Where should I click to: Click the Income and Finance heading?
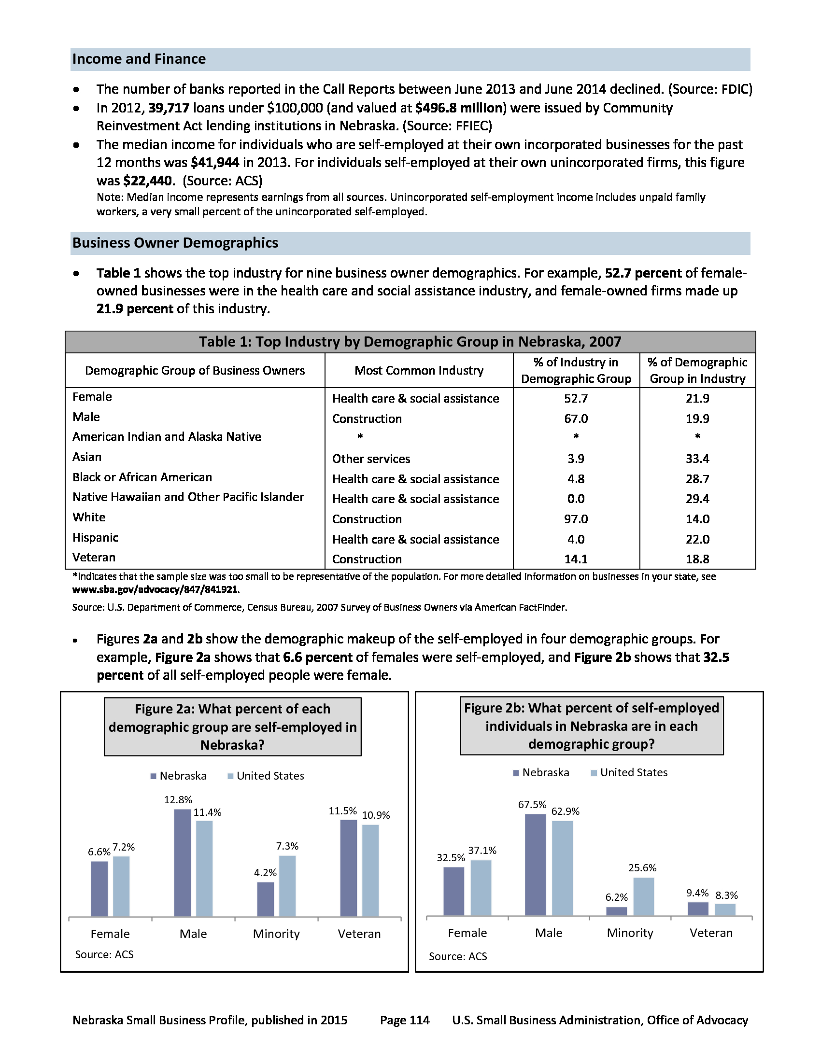click(139, 59)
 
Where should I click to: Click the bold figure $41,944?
click(215, 162)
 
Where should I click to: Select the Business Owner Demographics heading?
click(175, 243)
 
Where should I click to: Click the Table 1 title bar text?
click(410, 342)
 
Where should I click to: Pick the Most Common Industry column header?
click(419, 371)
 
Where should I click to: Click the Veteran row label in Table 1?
click(94, 557)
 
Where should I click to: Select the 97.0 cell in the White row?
click(576, 519)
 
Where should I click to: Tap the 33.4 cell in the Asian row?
click(697, 459)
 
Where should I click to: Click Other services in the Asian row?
click(371, 459)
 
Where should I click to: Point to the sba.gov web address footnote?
click(155, 589)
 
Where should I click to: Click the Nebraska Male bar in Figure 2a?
click(183, 863)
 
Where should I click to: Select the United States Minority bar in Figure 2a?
click(287, 886)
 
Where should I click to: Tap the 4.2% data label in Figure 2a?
click(265, 873)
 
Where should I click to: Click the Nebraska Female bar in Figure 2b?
click(454, 891)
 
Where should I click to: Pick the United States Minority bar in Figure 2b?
click(643, 897)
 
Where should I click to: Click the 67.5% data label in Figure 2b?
click(532, 805)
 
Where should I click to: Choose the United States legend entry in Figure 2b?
click(633, 773)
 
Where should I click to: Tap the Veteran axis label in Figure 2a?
click(359, 934)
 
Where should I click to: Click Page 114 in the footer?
click(405, 1020)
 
